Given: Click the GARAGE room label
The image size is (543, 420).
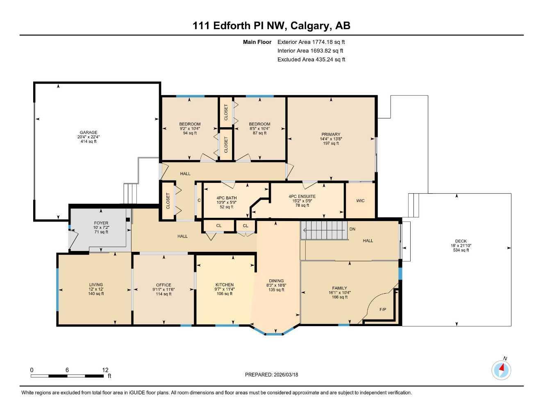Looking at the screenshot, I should (x=89, y=132).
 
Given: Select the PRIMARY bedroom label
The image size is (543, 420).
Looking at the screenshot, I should (x=331, y=135).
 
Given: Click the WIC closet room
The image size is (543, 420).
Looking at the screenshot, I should (x=360, y=201).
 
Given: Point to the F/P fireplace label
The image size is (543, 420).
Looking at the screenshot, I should (x=383, y=309).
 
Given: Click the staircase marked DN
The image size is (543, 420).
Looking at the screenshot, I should (x=324, y=231).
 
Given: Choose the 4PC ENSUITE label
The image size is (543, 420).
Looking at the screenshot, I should (x=302, y=196).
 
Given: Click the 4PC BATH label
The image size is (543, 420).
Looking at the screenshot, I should (x=227, y=198).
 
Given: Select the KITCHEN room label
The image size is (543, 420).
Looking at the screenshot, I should (x=225, y=285).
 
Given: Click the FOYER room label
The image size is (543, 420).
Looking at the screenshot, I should (x=101, y=223).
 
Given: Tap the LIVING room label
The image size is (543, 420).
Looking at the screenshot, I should (x=96, y=285).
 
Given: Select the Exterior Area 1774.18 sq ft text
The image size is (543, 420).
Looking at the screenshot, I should (x=311, y=42).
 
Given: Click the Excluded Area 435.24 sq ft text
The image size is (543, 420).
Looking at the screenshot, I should (x=311, y=59).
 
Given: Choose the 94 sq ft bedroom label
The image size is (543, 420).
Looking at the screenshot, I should (x=190, y=133).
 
